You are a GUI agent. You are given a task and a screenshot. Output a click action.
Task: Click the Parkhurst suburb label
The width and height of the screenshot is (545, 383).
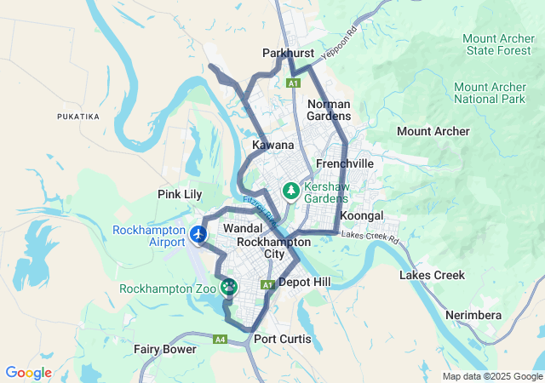click(x=288, y=53)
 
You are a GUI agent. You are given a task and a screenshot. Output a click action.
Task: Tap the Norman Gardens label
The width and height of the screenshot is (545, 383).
click(x=329, y=110)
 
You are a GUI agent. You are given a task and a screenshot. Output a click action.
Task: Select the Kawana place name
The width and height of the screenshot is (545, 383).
click(x=272, y=146)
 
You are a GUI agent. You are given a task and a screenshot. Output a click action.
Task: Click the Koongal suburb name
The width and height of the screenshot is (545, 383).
click(x=362, y=215)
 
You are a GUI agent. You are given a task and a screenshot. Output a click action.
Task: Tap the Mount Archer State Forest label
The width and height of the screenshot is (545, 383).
click(x=500, y=44)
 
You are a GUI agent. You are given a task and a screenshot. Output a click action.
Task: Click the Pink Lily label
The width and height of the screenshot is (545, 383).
click(x=180, y=194)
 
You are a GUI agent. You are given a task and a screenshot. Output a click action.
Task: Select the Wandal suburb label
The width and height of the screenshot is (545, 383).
click(x=241, y=228)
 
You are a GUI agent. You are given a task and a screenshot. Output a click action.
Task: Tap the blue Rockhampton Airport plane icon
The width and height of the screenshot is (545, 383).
click(x=199, y=233)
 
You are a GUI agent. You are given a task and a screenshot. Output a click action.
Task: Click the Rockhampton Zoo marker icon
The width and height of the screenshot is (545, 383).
click(x=228, y=288)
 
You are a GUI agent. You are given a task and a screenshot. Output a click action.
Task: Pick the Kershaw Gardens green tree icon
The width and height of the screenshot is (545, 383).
click(x=290, y=189)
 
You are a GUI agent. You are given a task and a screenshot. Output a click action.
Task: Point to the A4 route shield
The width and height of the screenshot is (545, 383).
click(x=221, y=340)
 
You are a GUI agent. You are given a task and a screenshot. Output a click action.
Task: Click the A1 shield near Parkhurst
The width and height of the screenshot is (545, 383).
click(x=293, y=83)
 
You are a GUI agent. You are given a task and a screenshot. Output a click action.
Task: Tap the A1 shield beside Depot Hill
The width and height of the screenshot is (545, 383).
click(x=266, y=283)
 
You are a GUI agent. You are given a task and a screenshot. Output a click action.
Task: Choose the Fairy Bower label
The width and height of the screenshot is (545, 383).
click(x=164, y=349)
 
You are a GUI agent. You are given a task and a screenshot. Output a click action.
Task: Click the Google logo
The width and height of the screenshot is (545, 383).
click(x=28, y=373)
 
